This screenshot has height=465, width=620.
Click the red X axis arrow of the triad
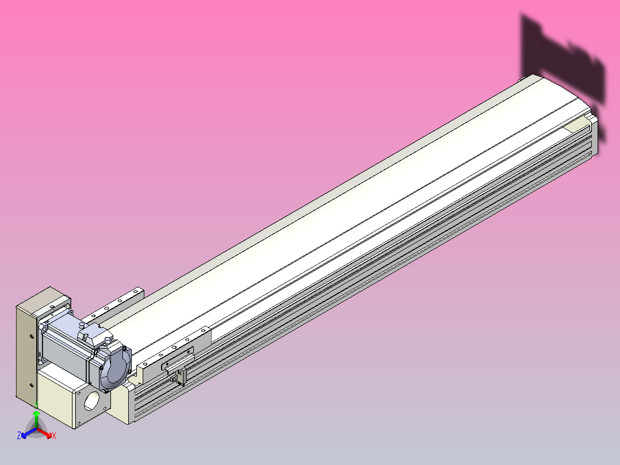46,433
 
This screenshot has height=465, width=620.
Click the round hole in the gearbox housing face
92,399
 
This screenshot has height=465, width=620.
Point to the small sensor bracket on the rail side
179,375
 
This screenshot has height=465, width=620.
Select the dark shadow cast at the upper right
564,63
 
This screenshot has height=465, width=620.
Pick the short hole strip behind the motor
115,304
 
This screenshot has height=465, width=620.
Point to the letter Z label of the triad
20,436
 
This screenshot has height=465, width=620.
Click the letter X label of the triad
54,436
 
